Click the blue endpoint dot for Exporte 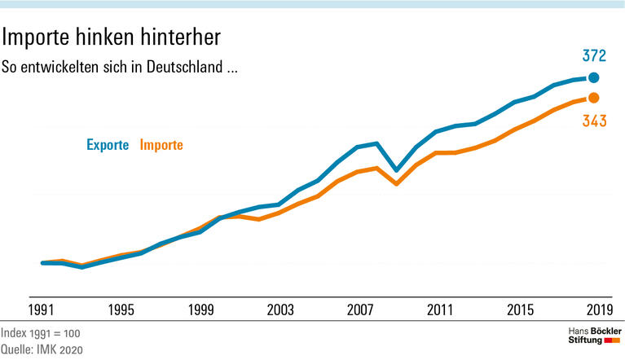[x=593, y=78]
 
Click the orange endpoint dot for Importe [x=593, y=98]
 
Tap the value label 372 [x=593, y=56]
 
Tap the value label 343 [x=593, y=122]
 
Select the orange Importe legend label [x=161, y=145]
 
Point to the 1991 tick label [x=42, y=310]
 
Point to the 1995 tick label [x=121, y=310]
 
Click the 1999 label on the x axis [x=200, y=310]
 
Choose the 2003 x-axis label [x=279, y=310]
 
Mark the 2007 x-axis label [x=359, y=310]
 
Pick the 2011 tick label [x=439, y=310]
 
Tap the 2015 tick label [x=519, y=310]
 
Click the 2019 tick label [x=598, y=310]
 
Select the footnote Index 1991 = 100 [x=41, y=334]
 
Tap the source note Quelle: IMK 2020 [x=42, y=349]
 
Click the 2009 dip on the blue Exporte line [x=396, y=170]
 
